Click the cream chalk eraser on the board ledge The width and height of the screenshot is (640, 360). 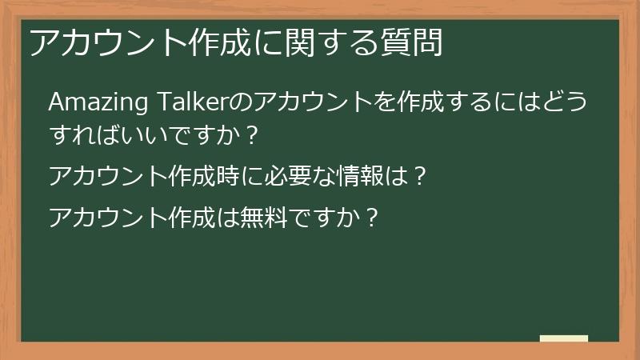coord(563,339)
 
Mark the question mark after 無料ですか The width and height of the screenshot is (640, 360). coord(370,218)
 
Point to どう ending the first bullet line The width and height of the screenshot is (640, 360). coord(566,105)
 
